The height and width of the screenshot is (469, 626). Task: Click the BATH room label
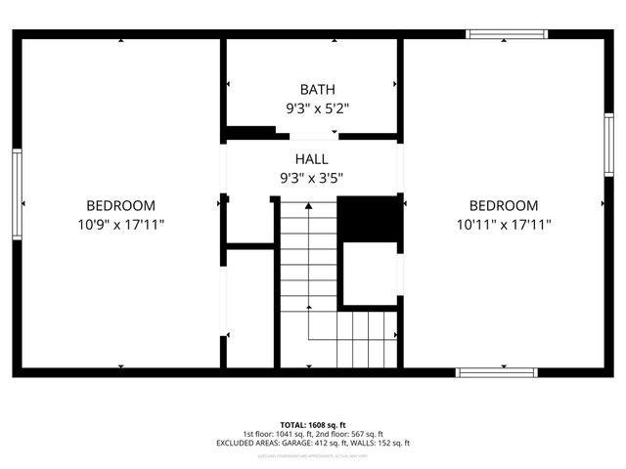tap(311, 90)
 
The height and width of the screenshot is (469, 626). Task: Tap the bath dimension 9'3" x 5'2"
tap(311, 108)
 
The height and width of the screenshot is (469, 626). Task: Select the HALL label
tap(311, 159)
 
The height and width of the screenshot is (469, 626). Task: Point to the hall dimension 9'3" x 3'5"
tap(311, 178)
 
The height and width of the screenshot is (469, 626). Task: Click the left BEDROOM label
tap(120, 205)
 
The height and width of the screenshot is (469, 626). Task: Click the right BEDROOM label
tap(503, 205)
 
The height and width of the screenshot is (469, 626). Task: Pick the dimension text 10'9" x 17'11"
tap(120, 224)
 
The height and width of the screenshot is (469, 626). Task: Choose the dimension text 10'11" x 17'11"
tap(503, 224)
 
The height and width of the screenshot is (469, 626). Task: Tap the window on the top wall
tap(507, 34)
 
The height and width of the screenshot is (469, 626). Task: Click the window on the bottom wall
tap(497, 371)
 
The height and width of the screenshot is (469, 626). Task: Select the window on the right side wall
tap(608, 145)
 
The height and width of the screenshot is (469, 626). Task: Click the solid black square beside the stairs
tap(370, 219)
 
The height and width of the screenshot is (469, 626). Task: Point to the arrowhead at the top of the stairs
tap(309, 206)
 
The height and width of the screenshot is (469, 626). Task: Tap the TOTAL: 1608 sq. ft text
tap(312, 425)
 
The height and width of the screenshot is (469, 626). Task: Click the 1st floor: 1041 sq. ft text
tap(277, 434)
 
